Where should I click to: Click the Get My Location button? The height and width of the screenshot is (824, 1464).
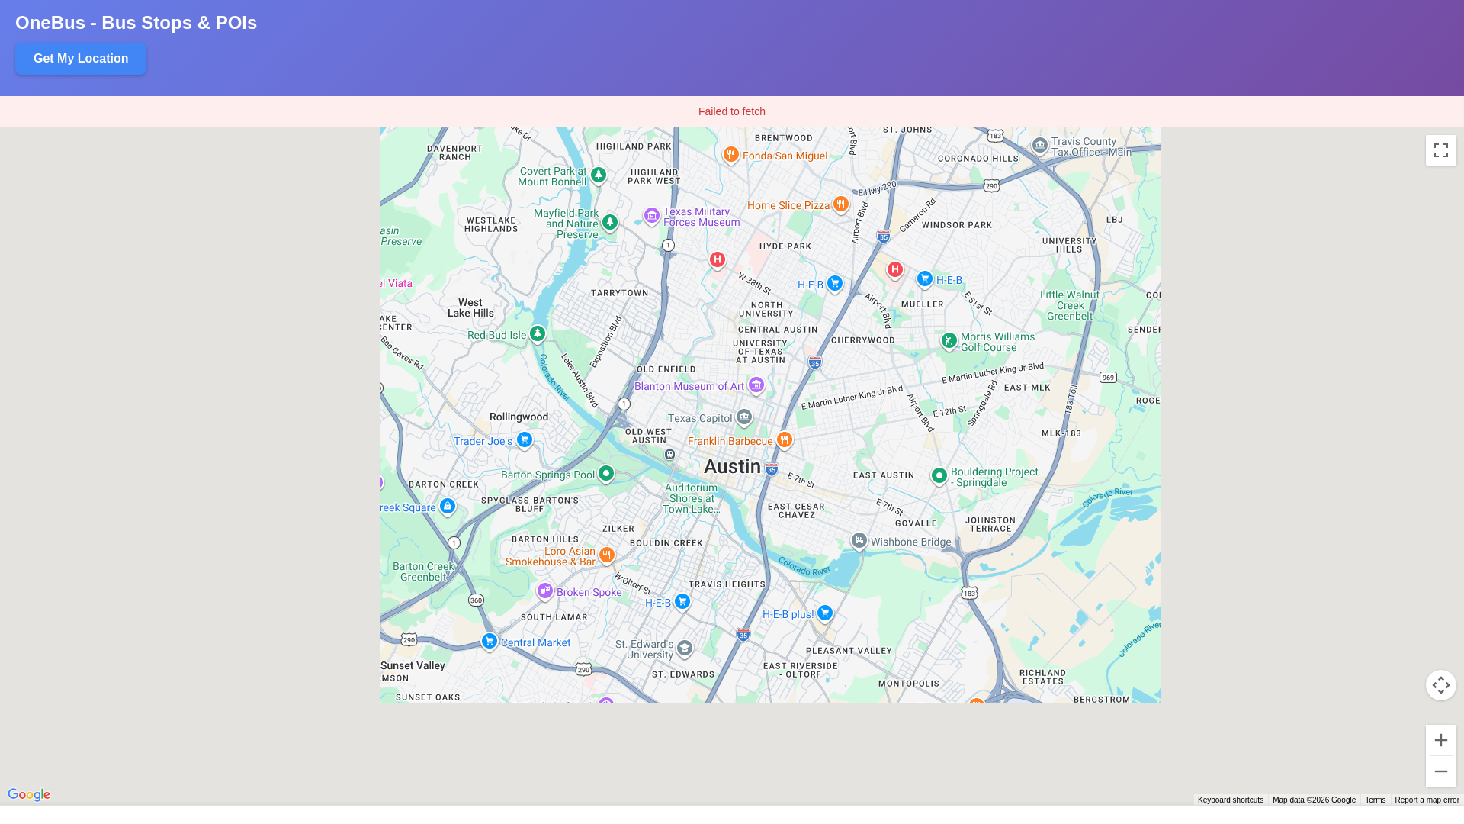pyautogui.click(x=81, y=59)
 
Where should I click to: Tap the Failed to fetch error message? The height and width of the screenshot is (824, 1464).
pyautogui.click(x=731, y=111)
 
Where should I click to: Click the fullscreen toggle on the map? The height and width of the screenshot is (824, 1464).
pyautogui.click(x=1440, y=150)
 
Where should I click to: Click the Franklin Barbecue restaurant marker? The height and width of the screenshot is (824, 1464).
pyautogui.click(x=784, y=439)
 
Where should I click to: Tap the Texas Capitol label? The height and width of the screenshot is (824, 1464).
pyautogui.click(x=699, y=418)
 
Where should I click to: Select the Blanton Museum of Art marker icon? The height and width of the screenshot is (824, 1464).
pyautogui.click(x=756, y=385)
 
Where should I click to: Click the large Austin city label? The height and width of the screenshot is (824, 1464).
pyautogui.click(x=731, y=466)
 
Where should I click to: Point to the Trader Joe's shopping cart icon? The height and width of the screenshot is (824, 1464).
pyautogui.click(x=524, y=439)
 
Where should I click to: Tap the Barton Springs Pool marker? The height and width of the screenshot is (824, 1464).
pyautogui.click(x=605, y=474)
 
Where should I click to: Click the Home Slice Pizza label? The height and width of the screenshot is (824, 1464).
pyautogui.click(x=788, y=205)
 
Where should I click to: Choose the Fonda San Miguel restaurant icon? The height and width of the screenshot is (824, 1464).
pyautogui.click(x=730, y=154)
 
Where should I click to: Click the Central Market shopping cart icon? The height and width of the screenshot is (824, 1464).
pyautogui.click(x=490, y=641)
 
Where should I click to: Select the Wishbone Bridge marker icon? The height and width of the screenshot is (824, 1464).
pyautogui.click(x=859, y=540)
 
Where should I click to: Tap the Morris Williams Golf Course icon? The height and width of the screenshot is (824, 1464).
pyautogui.click(x=949, y=340)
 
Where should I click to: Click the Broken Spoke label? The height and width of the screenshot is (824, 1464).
pyautogui.click(x=589, y=592)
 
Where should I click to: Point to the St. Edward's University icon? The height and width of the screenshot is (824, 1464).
pyautogui.click(x=684, y=649)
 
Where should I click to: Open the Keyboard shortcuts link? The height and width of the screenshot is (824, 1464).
pyautogui.click(x=1230, y=800)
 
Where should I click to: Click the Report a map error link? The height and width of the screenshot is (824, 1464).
pyautogui.click(x=1426, y=800)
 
